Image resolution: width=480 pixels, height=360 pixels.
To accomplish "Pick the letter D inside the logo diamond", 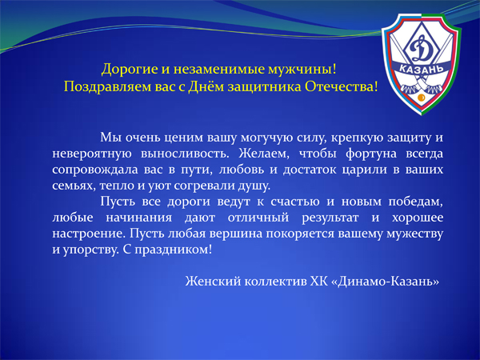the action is click(420, 50).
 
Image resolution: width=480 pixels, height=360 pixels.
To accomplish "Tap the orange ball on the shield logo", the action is click(421, 98).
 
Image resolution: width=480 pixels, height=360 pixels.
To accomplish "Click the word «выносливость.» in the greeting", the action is click(185, 154).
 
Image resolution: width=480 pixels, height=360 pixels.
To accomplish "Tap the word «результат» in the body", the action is click(330, 218).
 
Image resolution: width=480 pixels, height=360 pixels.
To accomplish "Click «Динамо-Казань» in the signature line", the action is click(385, 281).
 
